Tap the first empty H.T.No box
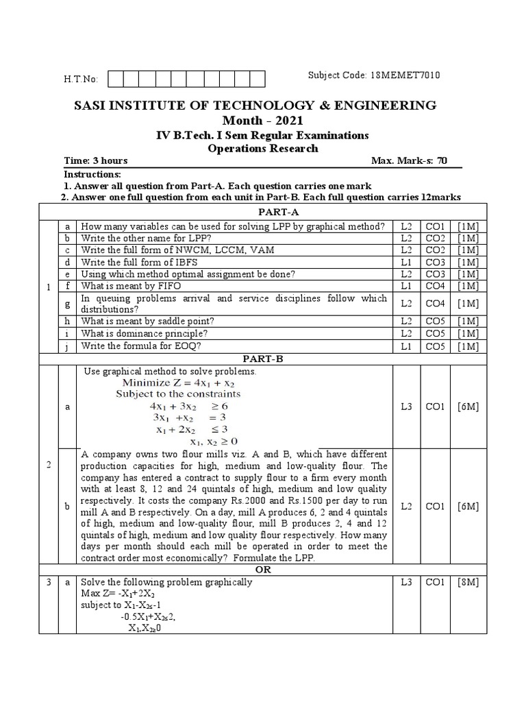pyautogui.click(x=116, y=79)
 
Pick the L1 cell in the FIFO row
pyautogui.click(x=406, y=285)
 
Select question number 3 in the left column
pyautogui.click(x=49, y=582)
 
